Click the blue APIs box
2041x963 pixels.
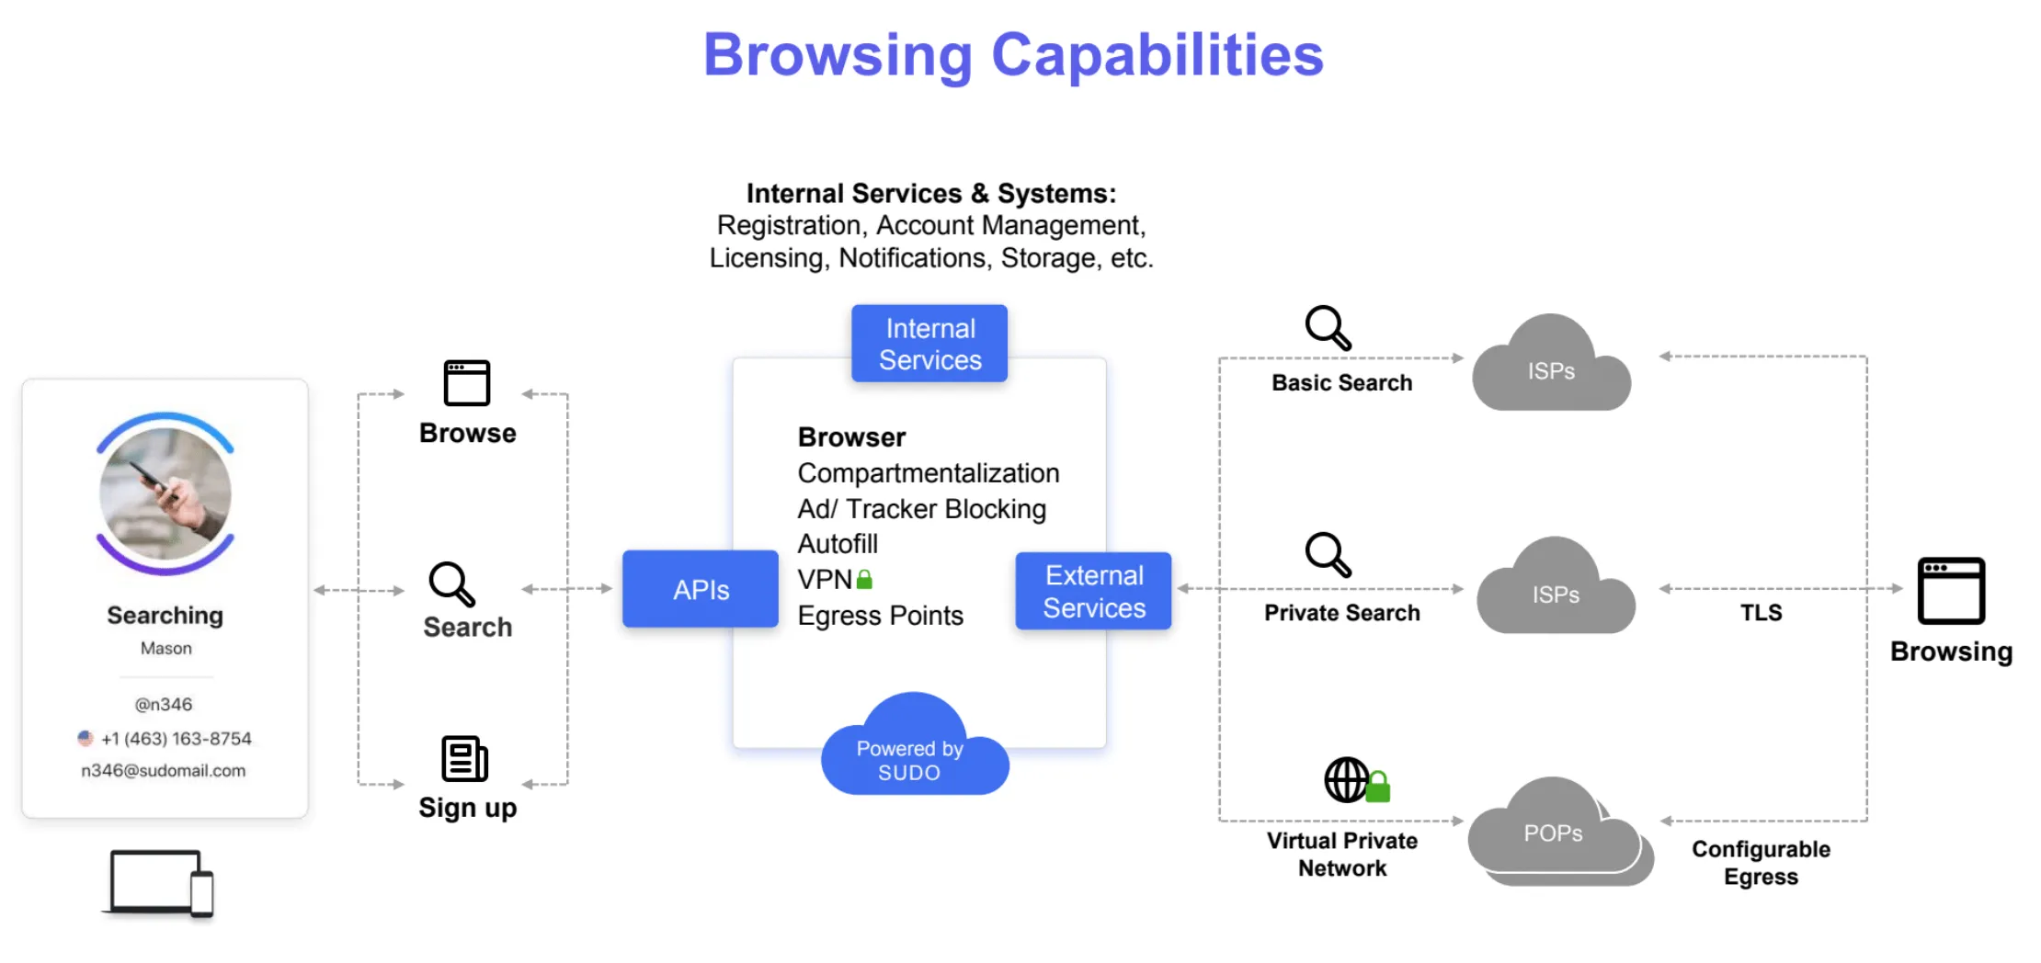(x=701, y=589)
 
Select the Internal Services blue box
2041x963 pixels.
(x=929, y=344)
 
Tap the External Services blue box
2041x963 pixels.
(x=1093, y=591)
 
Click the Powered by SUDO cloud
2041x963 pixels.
(x=913, y=751)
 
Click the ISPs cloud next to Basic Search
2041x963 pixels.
(x=1552, y=368)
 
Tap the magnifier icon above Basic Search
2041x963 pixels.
(x=1328, y=328)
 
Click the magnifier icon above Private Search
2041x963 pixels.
(x=1328, y=555)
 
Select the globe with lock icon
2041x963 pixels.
(x=1355, y=780)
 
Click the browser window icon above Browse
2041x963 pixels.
(x=467, y=383)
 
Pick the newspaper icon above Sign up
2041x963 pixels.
(x=464, y=759)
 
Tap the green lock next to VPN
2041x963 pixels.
(x=864, y=580)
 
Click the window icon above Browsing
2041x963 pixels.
(x=1951, y=591)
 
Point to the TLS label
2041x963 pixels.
(x=1761, y=613)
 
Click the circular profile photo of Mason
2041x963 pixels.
(x=165, y=493)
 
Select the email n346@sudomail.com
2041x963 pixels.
(x=164, y=771)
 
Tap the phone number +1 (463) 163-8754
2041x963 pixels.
(x=176, y=739)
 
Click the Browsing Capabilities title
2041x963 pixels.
(x=1013, y=55)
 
